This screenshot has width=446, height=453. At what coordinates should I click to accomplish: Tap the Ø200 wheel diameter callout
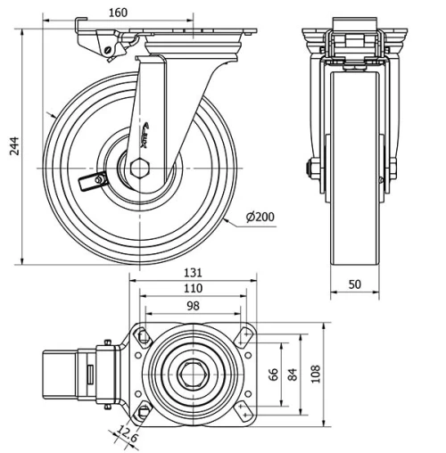[x=261, y=217]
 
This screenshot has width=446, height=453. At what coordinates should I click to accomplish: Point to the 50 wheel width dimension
[x=356, y=284]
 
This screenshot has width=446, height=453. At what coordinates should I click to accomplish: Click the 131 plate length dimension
[x=194, y=273]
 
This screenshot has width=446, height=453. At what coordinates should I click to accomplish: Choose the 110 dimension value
[x=193, y=289]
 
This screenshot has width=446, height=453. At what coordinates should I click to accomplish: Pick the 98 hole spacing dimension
[x=193, y=306]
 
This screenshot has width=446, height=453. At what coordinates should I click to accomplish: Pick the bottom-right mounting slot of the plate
[x=243, y=411]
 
